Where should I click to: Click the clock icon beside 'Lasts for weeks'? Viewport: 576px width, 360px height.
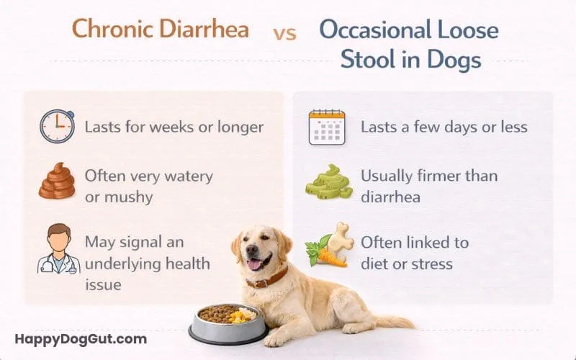(57, 126)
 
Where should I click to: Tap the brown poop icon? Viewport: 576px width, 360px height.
(57, 181)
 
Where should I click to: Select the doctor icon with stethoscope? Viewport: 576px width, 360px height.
(58, 250)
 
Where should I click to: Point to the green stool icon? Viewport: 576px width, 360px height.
(327, 184)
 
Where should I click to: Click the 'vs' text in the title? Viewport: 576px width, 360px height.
(285, 33)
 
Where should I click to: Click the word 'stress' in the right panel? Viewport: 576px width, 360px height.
(429, 263)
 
